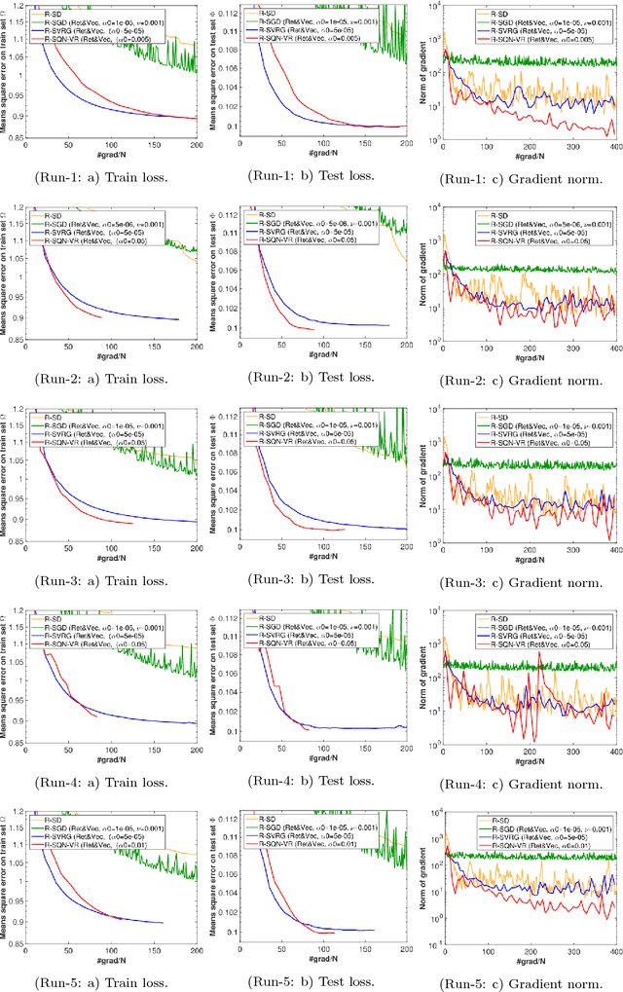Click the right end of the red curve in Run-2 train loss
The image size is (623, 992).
pyautogui.click(x=101, y=317)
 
